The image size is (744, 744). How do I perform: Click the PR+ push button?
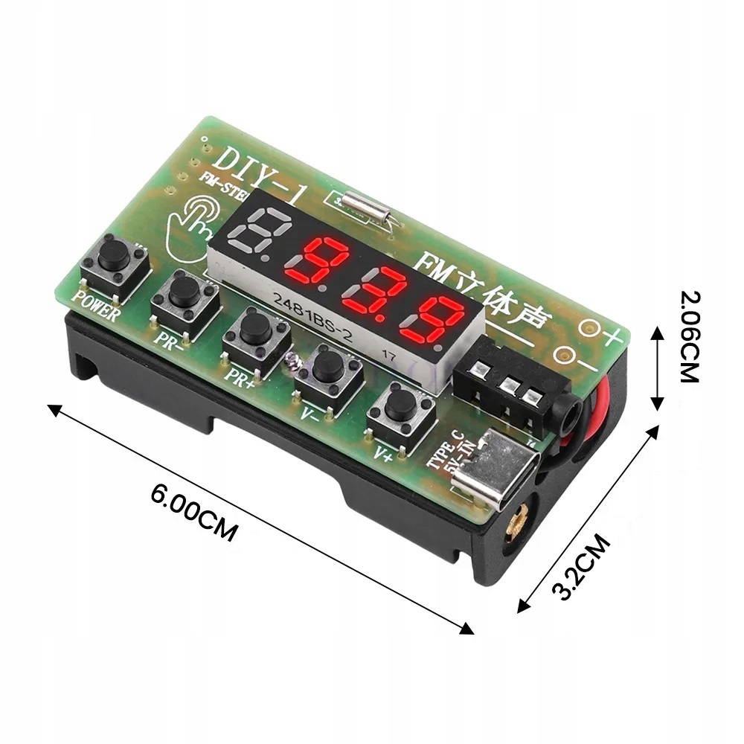(255, 327)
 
